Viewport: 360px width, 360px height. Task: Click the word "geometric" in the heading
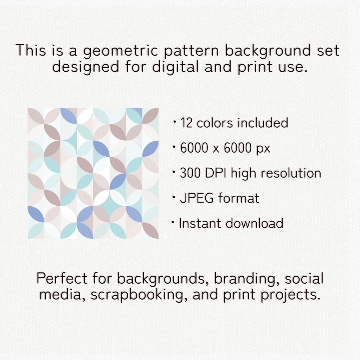[x=120, y=51]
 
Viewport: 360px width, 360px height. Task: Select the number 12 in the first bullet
[x=186, y=123]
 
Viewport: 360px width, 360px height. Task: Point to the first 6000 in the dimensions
[x=194, y=148]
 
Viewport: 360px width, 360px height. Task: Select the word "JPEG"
[x=197, y=198]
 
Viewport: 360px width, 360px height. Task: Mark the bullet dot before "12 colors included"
[x=175, y=121]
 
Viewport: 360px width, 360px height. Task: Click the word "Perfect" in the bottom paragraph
[x=62, y=278]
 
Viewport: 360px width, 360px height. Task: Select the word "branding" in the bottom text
[x=247, y=279]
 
